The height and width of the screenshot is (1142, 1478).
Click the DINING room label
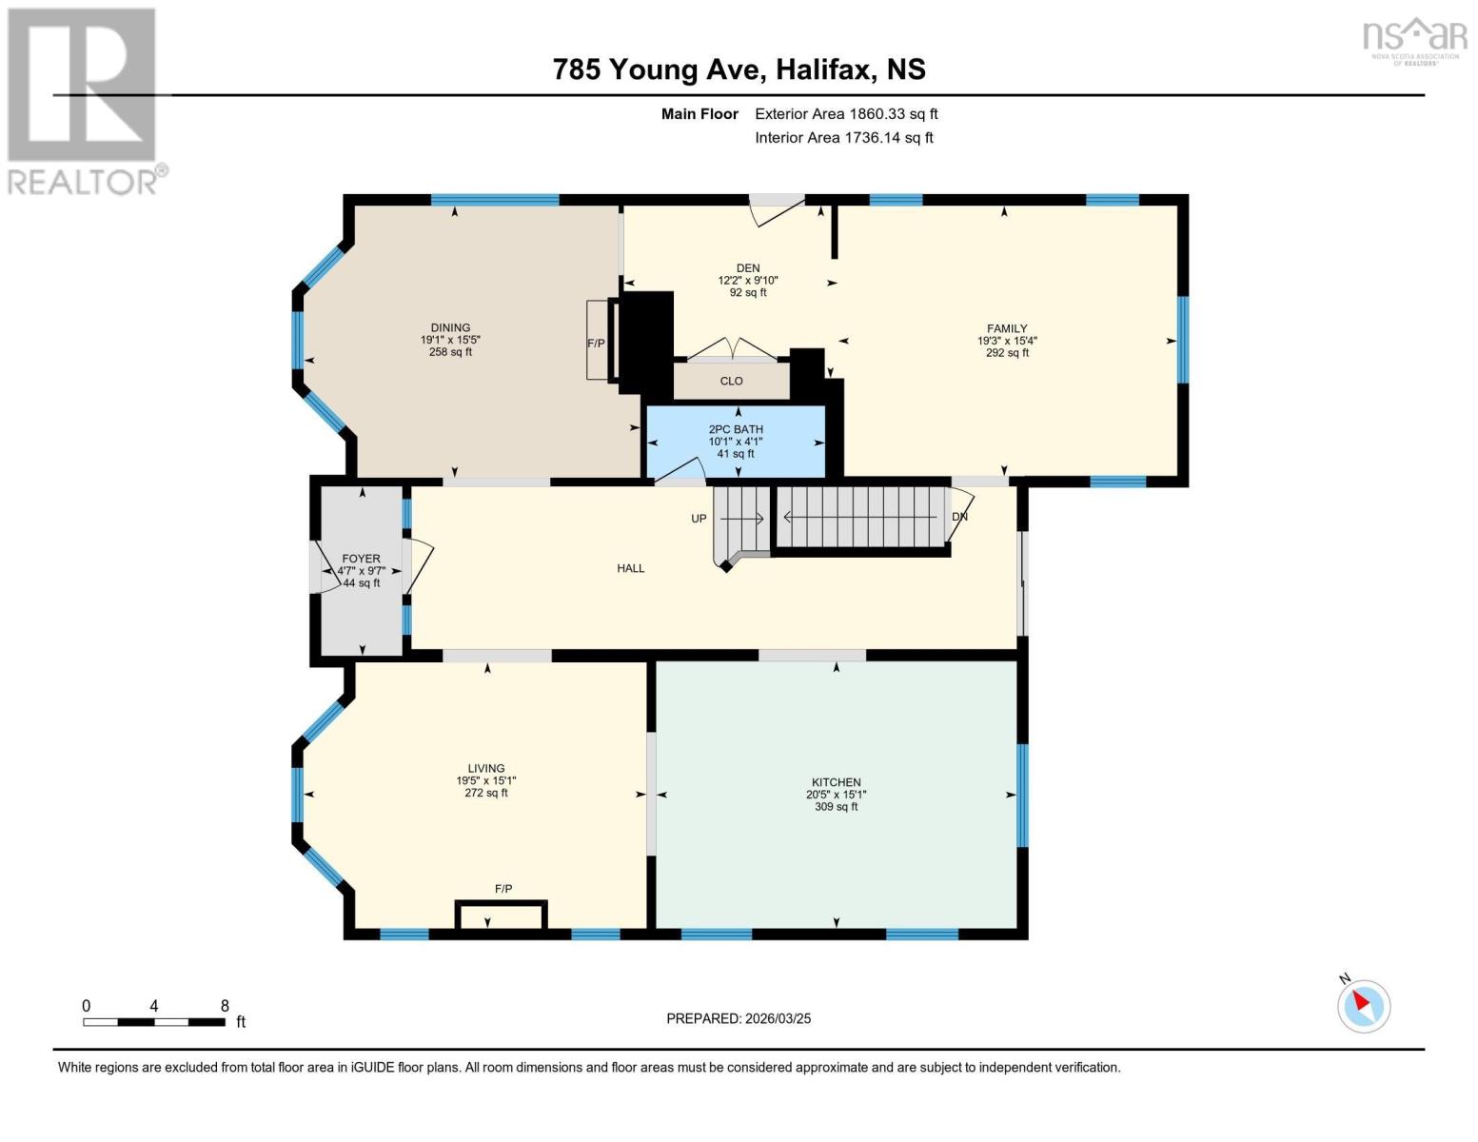coord(450,327)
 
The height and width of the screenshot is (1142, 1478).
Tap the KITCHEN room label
coord(836,782)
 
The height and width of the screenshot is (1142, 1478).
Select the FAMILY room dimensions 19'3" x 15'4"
coord(1007,341)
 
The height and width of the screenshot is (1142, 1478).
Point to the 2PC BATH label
coord(736,429)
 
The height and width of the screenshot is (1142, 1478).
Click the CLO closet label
coord(731,381)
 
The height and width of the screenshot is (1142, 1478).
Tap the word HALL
coord(630,568)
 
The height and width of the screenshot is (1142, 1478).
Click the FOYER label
coord(361,559)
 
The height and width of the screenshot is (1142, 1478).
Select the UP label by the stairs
coord(699,519)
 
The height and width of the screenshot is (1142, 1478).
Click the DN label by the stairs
coord(959,517)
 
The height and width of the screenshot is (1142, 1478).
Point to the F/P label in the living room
coord(503,889)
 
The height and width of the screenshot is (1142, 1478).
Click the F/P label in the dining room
coord(596,343)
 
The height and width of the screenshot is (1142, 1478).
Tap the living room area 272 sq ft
coord(486,793)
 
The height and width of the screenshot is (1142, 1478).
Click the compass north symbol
coord(1364,1005)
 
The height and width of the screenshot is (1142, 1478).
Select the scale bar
coord(154,1022)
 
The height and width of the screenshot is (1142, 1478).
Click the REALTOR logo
coord(83,100)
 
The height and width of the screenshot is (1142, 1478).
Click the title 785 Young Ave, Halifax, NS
coord(739,69)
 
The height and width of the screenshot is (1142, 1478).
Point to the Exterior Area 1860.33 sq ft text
coord(846,113)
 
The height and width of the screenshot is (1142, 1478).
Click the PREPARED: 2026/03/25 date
coord(739,1018)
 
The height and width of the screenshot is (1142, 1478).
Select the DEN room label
coord(747,268)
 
